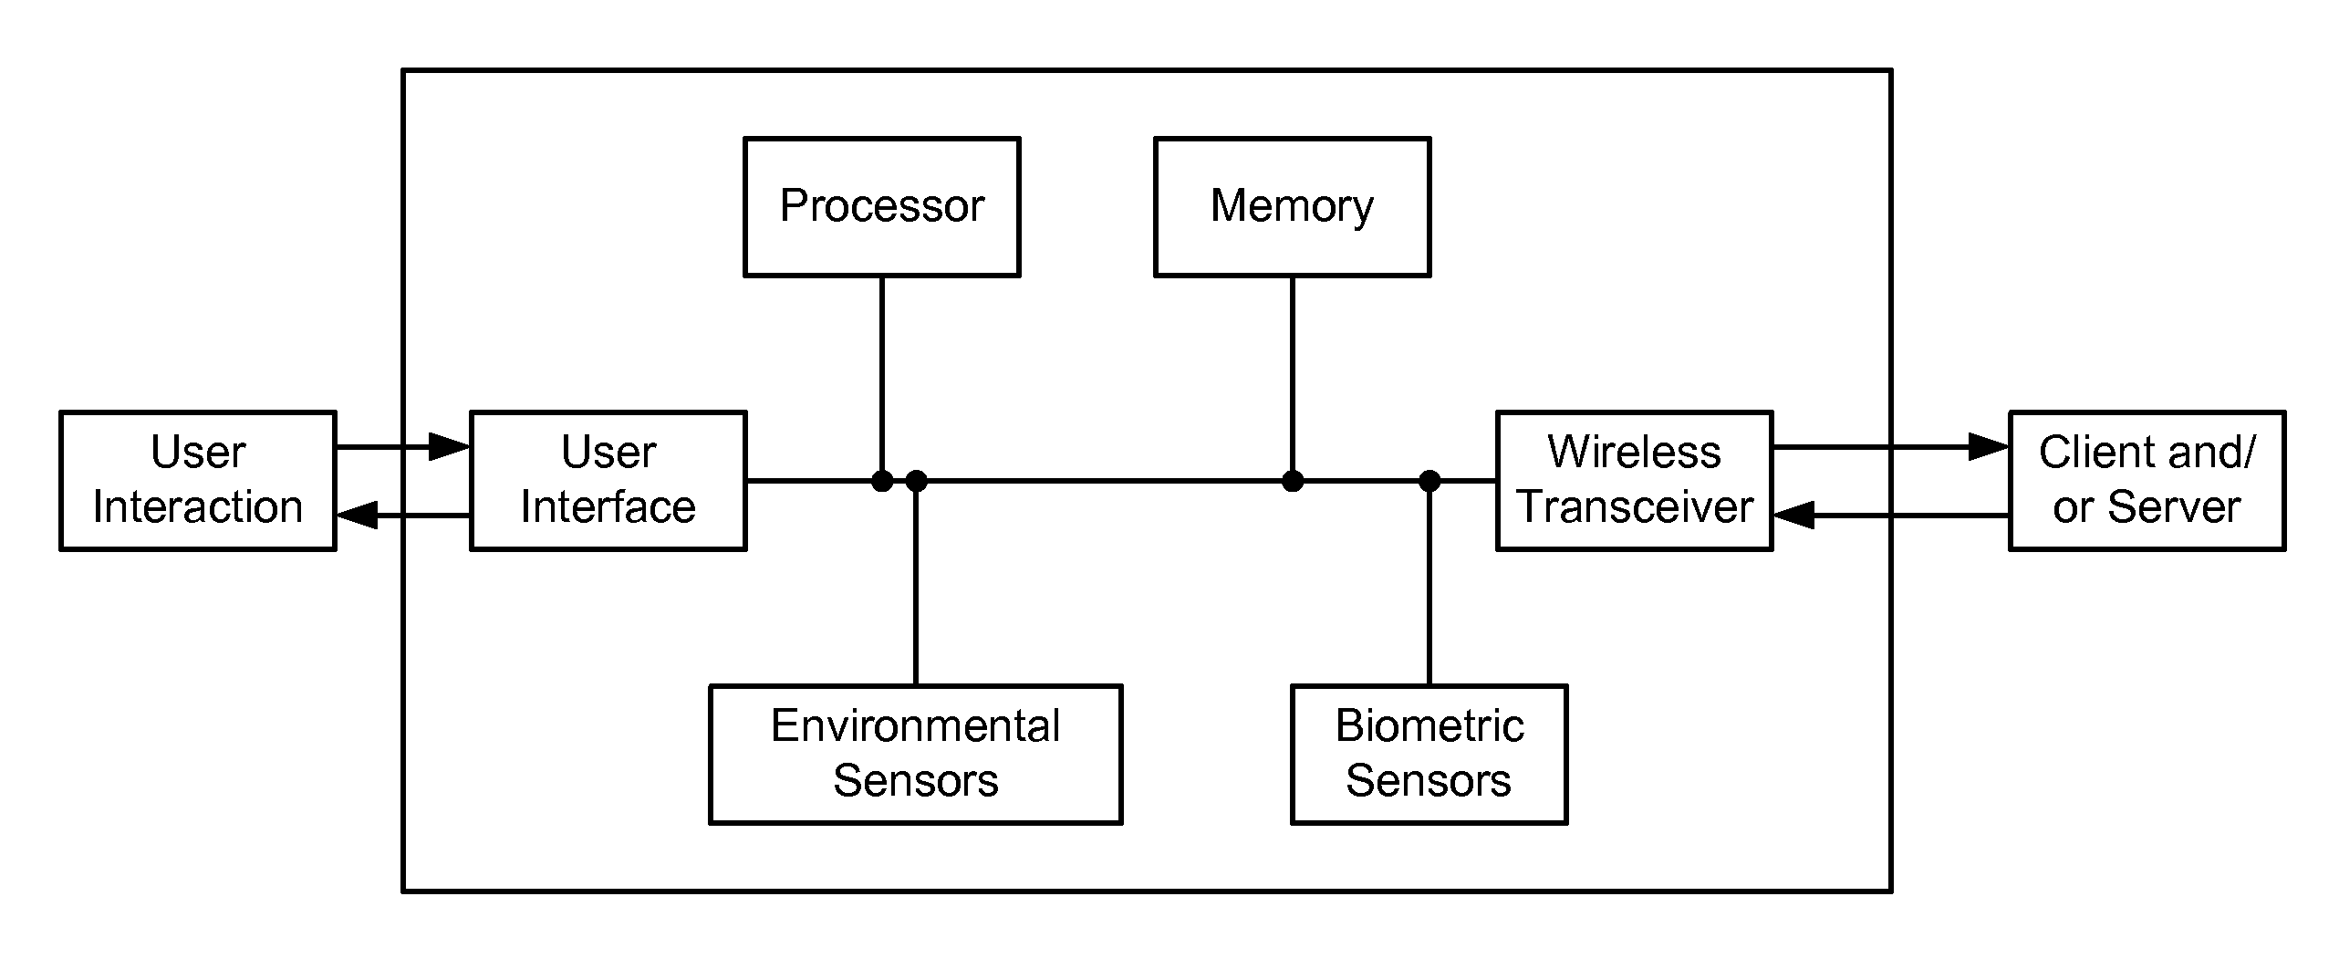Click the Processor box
point(881,207)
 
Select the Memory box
point(1292,207)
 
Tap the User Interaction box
point(198,481)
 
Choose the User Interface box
point(608,481)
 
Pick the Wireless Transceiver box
point(1635,481)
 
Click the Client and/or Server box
point(2147,481)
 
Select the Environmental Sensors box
point(916,755)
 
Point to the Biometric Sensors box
point(1429,755)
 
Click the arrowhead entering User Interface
point(450,446)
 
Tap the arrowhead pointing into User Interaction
point(358,516)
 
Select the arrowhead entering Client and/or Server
point(1989,446)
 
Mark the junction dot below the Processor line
point(882,481)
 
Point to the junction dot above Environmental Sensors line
point(916,481)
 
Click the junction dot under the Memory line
point(1293,481)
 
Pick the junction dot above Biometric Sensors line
point(1429,481)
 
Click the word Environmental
point(916,726)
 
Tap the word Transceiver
point(1636,507)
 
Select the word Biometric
point(1429,726)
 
